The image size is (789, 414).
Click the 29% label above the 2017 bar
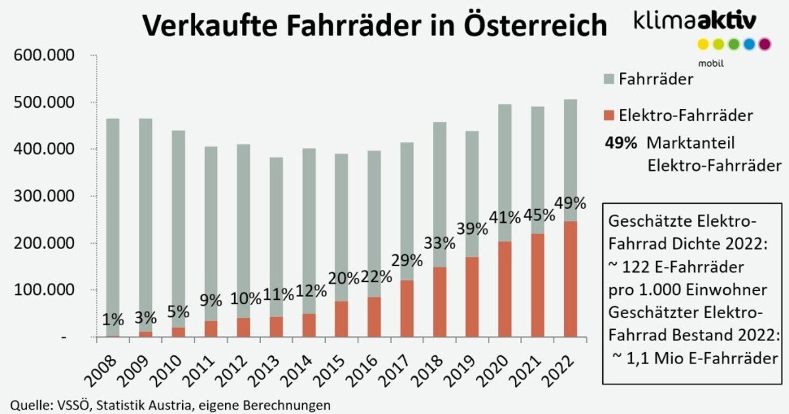[x=407, y=260]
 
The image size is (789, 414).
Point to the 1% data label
[x=113, y=319]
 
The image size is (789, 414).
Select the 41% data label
[x=505, y=217]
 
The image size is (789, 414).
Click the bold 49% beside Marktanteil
[x=618, y=142]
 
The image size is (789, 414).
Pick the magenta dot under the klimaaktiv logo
[x=764, y=45]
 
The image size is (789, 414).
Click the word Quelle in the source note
[x=28, y=403]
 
